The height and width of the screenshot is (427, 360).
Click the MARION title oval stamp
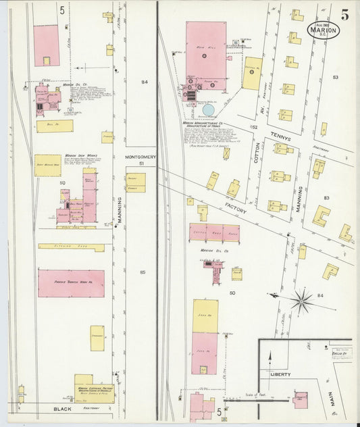tap(323, 30)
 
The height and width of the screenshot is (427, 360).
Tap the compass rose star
tap(302, 300)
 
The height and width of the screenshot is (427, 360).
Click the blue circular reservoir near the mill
tap(208, 109)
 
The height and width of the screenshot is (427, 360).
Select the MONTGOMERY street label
tap(141, 157)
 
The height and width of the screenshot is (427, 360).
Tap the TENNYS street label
tap(280, 138)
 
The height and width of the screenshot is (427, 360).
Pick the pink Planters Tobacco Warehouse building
tap(71, 283)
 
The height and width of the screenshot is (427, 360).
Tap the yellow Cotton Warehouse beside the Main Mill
tap(253, 73)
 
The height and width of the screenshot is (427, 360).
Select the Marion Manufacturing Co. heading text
tap(207, 124)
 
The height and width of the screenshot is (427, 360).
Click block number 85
tap(143, 272)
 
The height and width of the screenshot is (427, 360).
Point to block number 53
tap(336, 78)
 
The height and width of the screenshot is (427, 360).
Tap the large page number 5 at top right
tap(344, 15)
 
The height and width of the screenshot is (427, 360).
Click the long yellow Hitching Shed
tap(71, 247)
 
